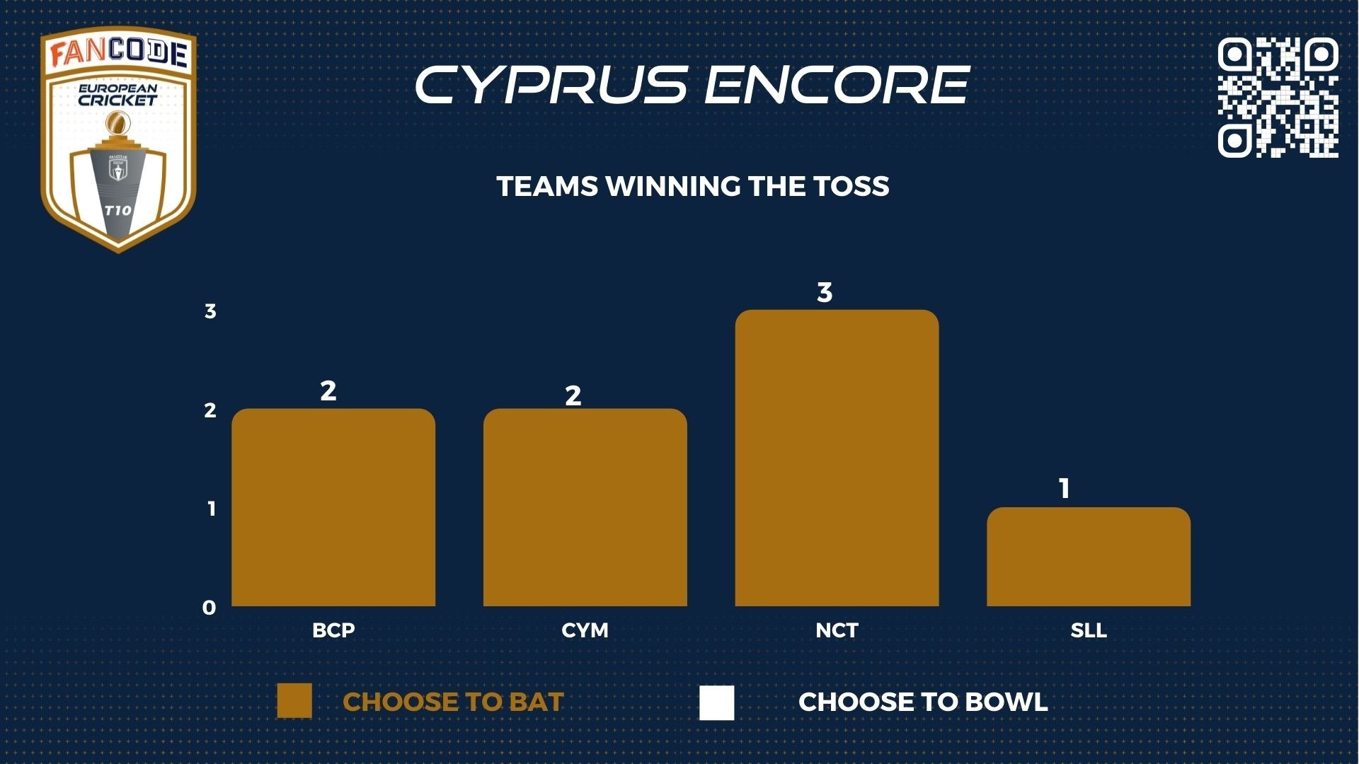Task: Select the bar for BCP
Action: click(333, 507)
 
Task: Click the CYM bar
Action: click(585, 507)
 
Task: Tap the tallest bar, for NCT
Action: click(837, 458)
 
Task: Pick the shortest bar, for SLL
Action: click(1089, 557)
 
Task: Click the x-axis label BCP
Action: click(333, 630)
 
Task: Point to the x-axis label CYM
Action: click(585, 630)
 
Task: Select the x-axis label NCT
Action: click(837, 630)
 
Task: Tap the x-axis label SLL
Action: click(1089, 630)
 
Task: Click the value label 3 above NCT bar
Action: click(825, 292)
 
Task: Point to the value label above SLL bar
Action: click(1064, 488)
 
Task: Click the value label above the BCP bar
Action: click(328, 390)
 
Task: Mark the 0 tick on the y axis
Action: click(209, 608)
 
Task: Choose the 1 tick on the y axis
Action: click(211, 509)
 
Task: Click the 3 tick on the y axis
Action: click(210, 311)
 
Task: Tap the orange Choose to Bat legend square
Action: click(294, 701)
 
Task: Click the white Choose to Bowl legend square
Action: click(717, 702)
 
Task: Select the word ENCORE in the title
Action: click(837, 85)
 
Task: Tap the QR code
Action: click(1278, 97)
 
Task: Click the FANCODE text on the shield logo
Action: click(119, 54)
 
